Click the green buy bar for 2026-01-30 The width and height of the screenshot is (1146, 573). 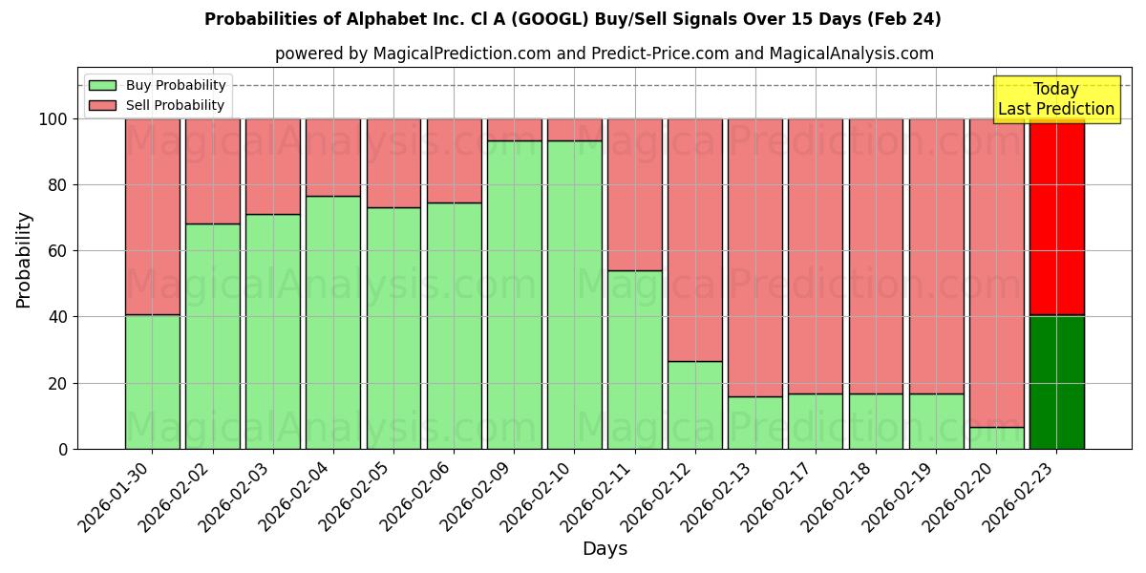152,382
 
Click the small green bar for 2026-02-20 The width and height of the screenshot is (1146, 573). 996,437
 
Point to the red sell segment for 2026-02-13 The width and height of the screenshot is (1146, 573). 754,258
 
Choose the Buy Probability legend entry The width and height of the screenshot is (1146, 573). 158,85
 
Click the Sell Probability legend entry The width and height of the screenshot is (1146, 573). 158,105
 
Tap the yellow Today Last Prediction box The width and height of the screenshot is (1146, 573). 1056,99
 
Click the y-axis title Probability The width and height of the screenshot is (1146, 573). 24,260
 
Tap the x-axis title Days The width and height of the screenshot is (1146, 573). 605,549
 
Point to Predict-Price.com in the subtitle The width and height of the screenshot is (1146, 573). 647,53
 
